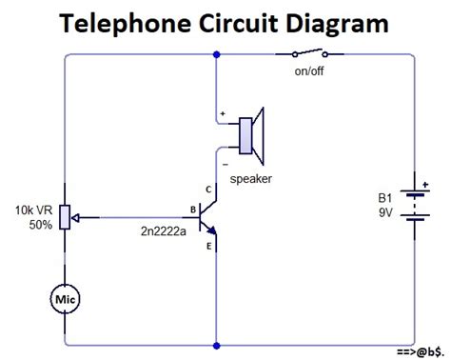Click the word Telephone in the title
pyautogui.click(x=126, y=24)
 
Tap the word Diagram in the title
pyautogui.click(x=337, y=24)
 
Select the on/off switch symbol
pyautogui.click(x=309, y=53)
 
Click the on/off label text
pyautogui.click(x=309, y=71)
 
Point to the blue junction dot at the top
pyautogui.click(x=217, y=54)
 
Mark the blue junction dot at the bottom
pyautogui.click(x=217, y=346)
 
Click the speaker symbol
pyautogui.click(x=251, y=136)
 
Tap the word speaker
pyautogui.click(x=251, y=179)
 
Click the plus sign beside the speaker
pyautogui.click(x=223, y=113)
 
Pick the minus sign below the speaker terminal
pyautogui.click(x=225, y=165)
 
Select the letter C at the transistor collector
pyautogui.click(x=208, y=190)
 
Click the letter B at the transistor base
pyautogui.click(x=193, y=210)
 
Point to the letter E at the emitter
pyautogui.click(x=208, y=246)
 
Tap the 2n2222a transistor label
pyautogui.click(x=164, y=231)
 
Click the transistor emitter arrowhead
pyautogui.click(x=212, y=230)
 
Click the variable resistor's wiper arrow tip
pyautogui.click(x=72, y=218)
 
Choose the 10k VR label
pyautogui.click(x=33, y=210)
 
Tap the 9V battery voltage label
pyautogui.click(x=385, y=212)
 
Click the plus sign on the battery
pyautogui.click(x=425, y=184)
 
